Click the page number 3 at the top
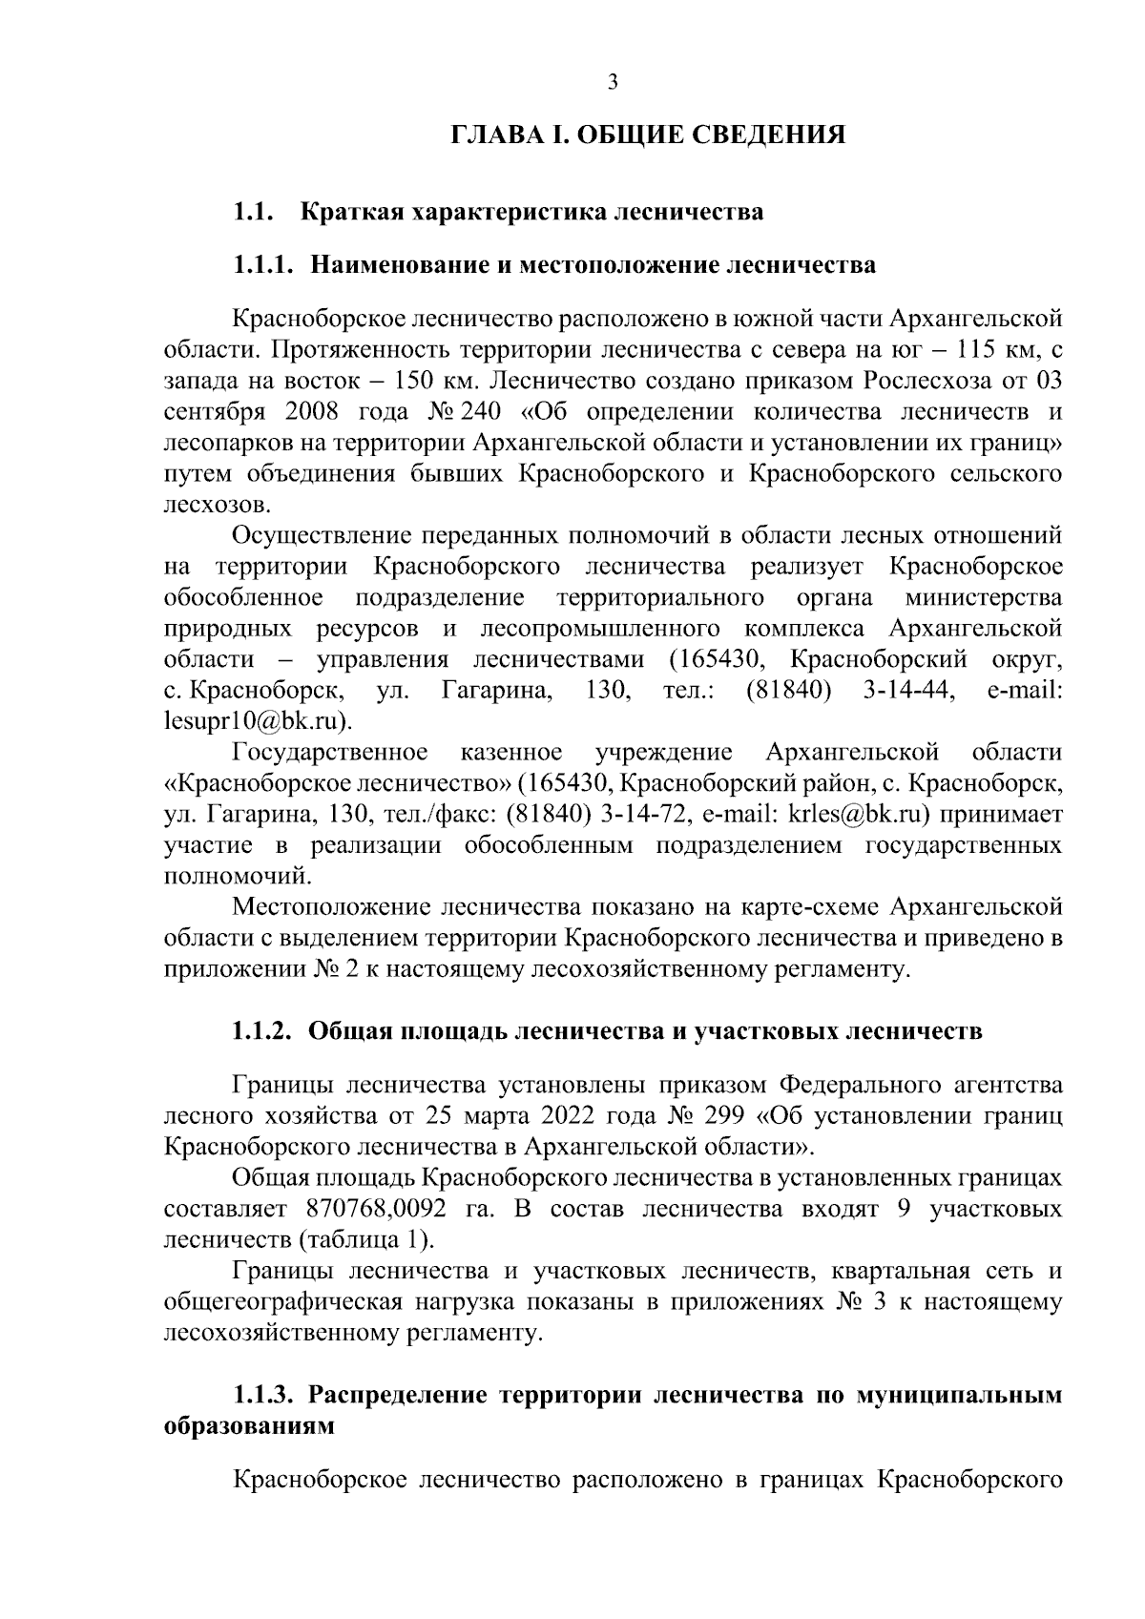click(614, 83)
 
